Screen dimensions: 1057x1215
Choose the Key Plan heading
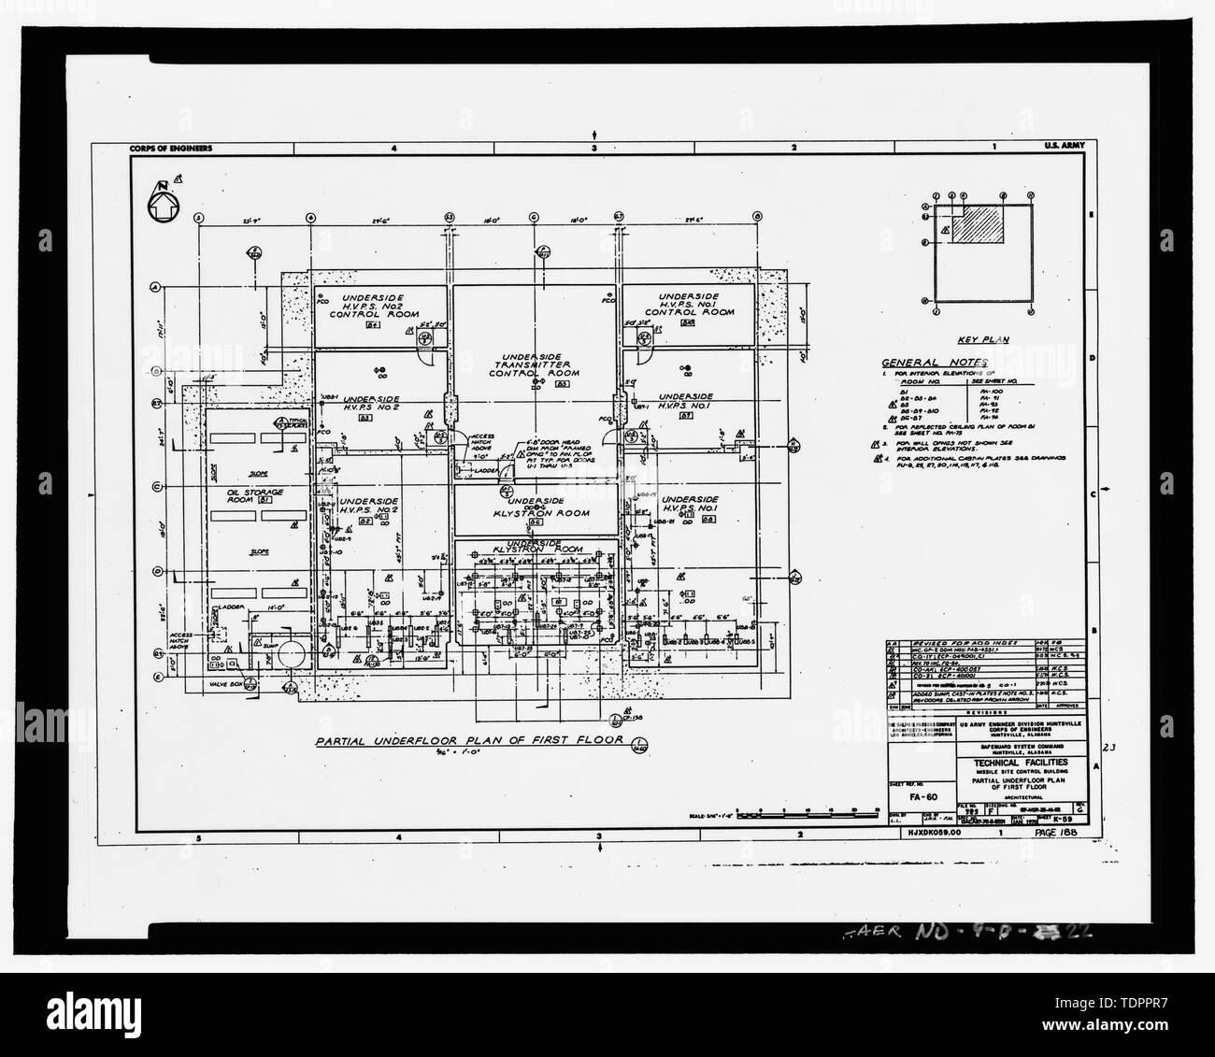click(976, 341)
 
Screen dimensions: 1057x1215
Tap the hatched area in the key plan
click(979, 224)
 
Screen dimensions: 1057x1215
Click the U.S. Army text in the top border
click(1063, 148)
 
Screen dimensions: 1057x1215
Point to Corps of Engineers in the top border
click(172, 148)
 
